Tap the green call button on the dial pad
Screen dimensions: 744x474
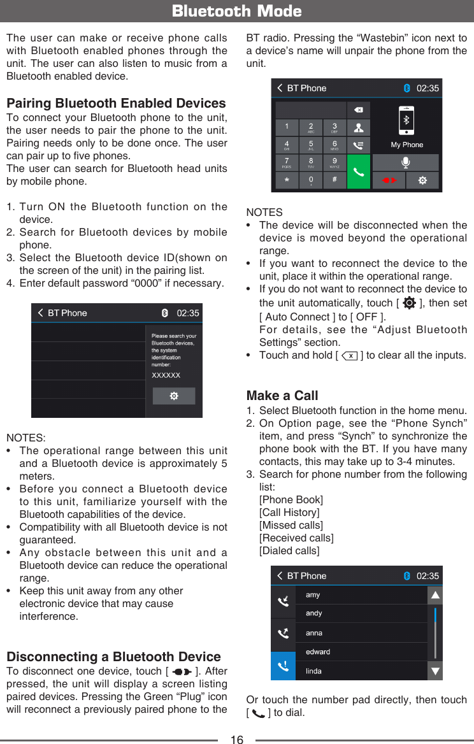pos(359,172)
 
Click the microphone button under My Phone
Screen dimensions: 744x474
pos(406,162)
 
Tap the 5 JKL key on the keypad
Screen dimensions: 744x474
pos(310,146)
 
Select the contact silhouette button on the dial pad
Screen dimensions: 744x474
pos(359,128)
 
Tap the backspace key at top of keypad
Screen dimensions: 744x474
pos(359,110)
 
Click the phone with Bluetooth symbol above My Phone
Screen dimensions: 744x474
pos(406,121)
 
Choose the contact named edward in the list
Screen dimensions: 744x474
pos(318,652)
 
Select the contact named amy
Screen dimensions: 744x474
pos(313,595)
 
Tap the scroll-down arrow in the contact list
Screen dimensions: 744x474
pos(435,671)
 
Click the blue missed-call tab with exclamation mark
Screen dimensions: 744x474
pos(283,666)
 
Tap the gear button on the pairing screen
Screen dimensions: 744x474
pos(174,396)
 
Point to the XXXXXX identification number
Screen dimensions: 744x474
pos(166,376)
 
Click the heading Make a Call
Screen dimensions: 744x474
pos(282,396)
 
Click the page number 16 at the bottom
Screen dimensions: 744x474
pos(236,739)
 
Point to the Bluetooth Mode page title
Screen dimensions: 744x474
pos(237,11)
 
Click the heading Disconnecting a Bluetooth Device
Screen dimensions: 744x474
pos(113,657)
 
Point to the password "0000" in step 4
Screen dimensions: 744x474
pos(127,283)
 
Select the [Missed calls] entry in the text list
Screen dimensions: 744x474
pos(291,525)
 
